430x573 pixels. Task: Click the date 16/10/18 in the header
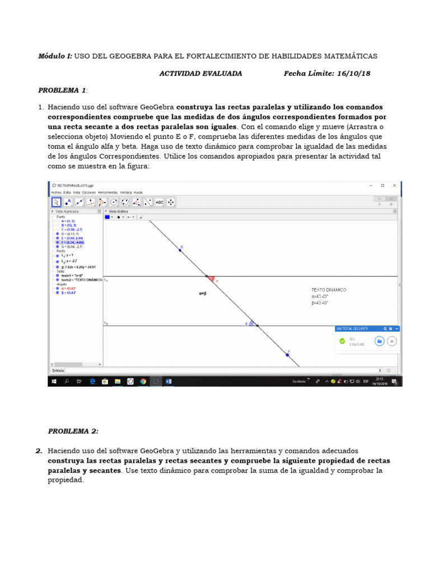[353, 73]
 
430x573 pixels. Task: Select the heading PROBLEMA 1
[62, 90]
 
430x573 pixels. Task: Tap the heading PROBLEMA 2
[73, 431]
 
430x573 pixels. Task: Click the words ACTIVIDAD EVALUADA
[200, 73]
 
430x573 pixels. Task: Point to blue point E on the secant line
[180, 250]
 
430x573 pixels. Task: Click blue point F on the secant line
[287, 355]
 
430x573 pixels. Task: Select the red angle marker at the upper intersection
[211, 278]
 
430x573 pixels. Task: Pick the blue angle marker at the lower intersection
[253, 323]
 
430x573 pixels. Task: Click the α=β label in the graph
[203, 293]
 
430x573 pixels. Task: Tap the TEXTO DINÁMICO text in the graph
[329, 290]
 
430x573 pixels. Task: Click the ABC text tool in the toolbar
[160, 202]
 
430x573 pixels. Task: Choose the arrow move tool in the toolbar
[57, 202]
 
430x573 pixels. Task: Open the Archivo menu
[56, 192]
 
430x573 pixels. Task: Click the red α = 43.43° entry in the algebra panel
[68, 288]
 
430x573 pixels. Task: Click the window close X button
[394, 185]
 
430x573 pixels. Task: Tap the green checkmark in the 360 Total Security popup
[342, 341]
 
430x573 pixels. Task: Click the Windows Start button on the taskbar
[54, 381]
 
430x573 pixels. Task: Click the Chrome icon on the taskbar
[143, 381]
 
